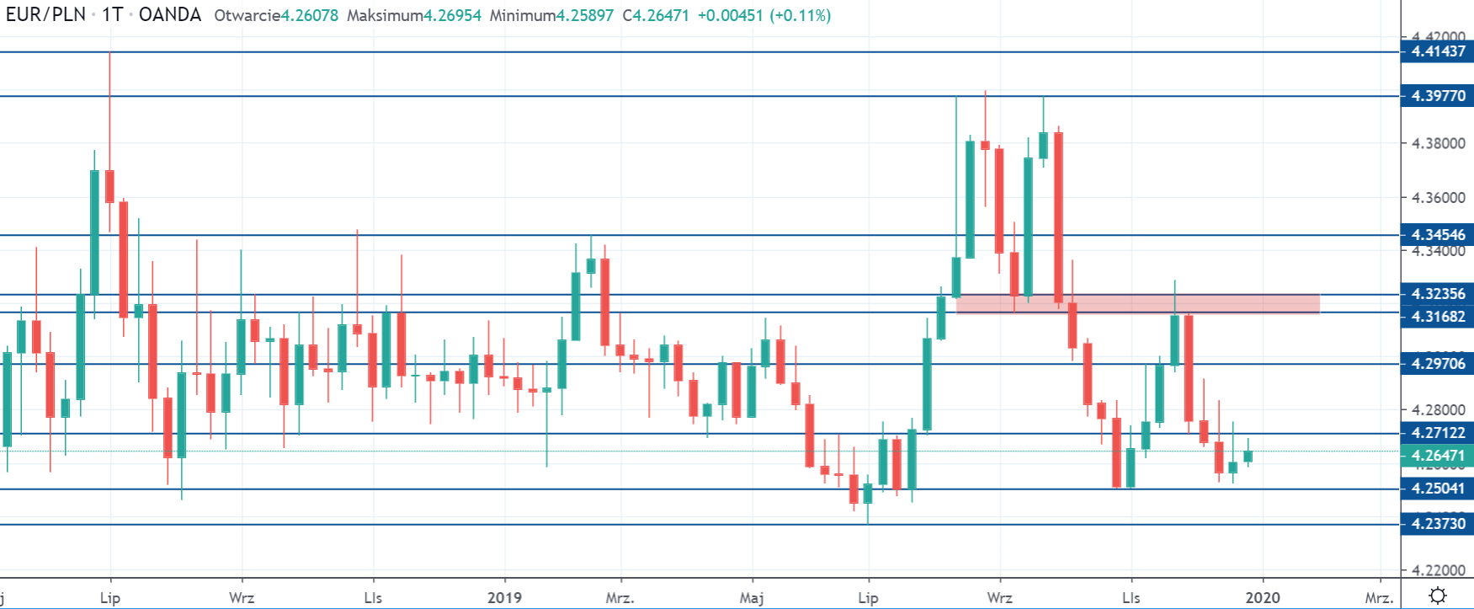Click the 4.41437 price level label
1437,51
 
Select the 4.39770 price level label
1437,96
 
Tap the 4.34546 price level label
1437,235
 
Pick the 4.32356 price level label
1437,294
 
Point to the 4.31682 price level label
1437,317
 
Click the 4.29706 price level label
1437,364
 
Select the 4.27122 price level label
1437,433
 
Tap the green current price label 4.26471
1437,456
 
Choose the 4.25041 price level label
1437,489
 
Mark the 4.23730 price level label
1437,524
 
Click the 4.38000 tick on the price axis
1438,143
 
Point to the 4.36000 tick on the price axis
1438,198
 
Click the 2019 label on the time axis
504,598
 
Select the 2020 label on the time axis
1262,598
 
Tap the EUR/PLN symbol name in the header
45,15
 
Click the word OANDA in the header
170,15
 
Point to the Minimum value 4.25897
584,15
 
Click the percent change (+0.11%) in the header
800,15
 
